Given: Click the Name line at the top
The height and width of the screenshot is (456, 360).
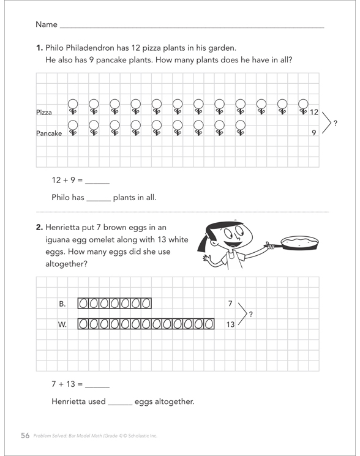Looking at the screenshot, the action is pyautogui.click(x=192, y=28).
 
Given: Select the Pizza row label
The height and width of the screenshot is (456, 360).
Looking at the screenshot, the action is pyautogui.click(x=44, y=112).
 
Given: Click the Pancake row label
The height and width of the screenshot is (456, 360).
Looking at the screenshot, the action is pyautogui.click(x=49, y=133).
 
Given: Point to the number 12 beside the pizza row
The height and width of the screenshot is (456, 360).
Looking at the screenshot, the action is pyautogui.click(x=313, y=112).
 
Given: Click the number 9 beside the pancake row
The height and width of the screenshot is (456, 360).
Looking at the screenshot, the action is pyautogui.click(x=313, y=133).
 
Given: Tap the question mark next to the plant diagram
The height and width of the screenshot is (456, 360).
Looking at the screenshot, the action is pyautogui.click(x=336, y=123).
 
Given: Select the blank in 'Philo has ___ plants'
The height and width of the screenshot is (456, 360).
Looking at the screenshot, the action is pyautogui.click(x=99, y=201).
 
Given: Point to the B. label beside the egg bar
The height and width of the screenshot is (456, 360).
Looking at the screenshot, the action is pyautogui.click(x=62, y=304).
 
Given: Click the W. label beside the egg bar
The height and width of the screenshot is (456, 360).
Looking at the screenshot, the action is pyautogui.click(x=62, y=324).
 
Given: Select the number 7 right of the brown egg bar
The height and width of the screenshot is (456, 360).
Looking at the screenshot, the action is pyautogui.click(x=230, y=304).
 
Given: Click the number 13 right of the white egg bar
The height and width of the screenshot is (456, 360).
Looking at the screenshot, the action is pyautogui.click(x=230, y=324).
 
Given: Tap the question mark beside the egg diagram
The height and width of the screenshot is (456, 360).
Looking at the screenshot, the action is pyautogui.click(x=250, y=314).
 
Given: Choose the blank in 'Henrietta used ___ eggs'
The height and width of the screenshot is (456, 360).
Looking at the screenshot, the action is pyautogui.click(x=120, y=405).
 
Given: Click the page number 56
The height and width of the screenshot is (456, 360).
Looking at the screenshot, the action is pyautogui.click(x=25, y=435).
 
